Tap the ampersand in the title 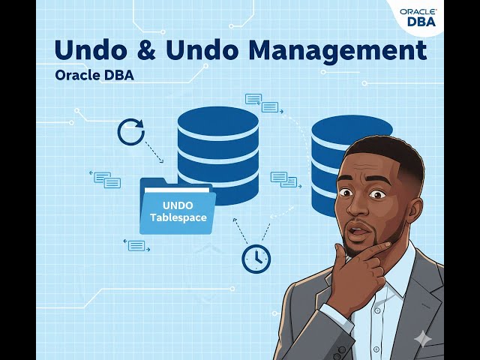click(x=153, y=50)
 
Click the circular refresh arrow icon click(x=130, y=131)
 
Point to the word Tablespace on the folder click(x=178, y=217)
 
